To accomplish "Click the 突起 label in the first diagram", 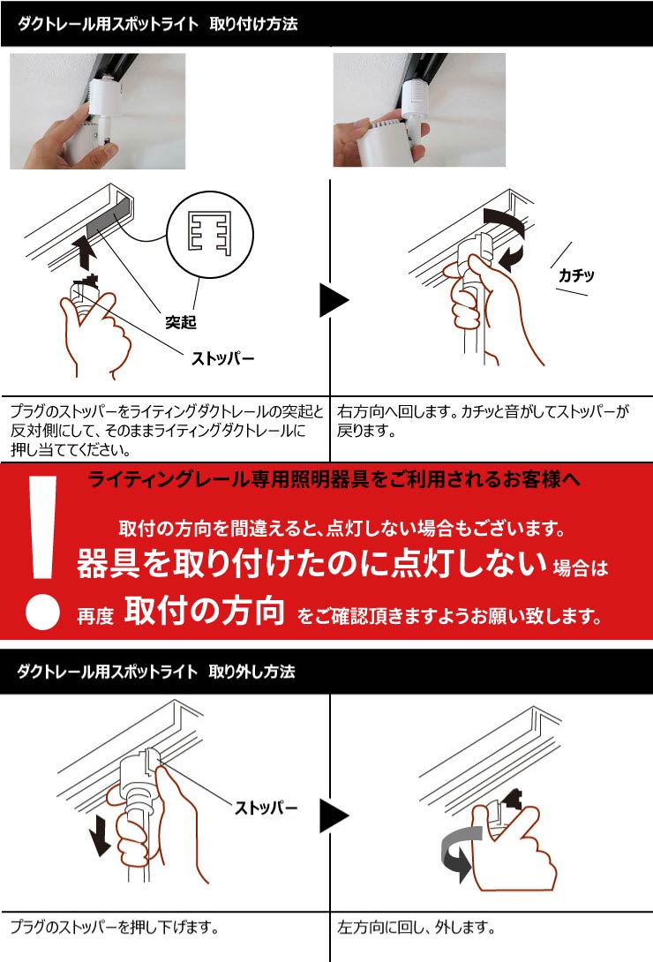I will click(181, 322).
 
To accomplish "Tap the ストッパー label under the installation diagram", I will click(223, 359).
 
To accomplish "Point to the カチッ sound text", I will click(576, 275).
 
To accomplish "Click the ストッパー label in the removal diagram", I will click(266, 808).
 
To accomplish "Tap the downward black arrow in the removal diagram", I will click(100, 835).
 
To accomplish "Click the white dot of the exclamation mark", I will click(42, 612).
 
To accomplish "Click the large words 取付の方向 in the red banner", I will click(204, 612).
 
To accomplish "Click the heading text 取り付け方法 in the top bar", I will click(253, 25).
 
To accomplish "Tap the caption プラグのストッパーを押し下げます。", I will click(114, 928).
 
